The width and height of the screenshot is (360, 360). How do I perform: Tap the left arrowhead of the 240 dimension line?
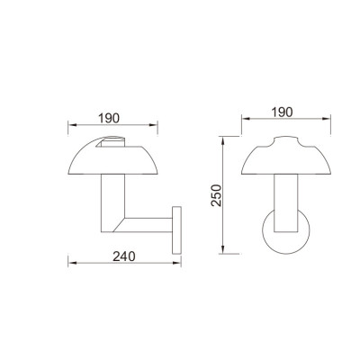click(71, 264)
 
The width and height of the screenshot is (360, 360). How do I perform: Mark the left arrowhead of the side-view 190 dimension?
click(71, 126)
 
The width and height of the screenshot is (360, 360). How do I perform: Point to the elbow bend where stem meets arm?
click(112, 229)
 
